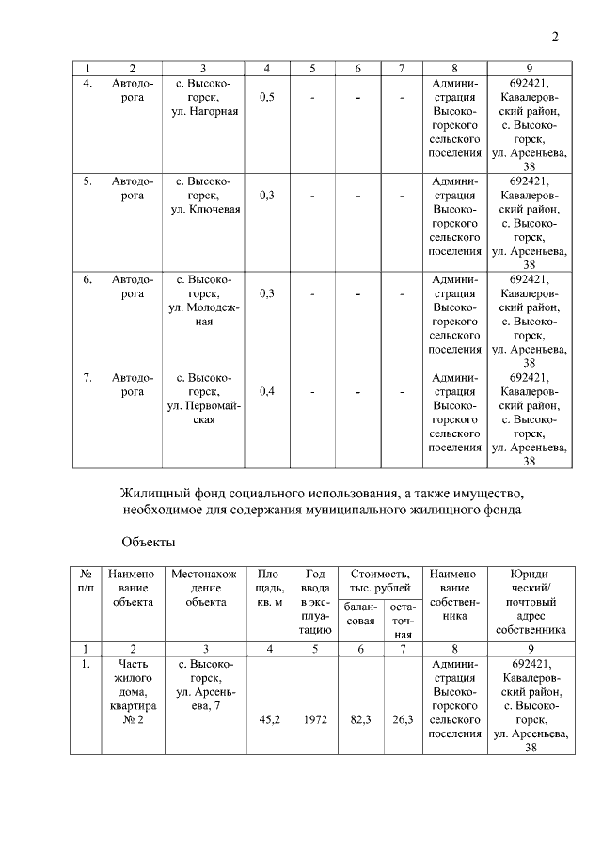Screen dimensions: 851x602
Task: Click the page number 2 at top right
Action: (555, 38)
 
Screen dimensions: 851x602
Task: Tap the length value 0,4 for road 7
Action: (267, 391)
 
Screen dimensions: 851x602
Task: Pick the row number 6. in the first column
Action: (87, 279)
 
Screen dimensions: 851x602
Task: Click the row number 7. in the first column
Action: (87, 377)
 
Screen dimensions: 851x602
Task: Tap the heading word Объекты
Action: (149, 543)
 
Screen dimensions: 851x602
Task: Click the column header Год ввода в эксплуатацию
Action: (315, 602)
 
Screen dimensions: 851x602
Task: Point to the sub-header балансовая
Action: (358, 615)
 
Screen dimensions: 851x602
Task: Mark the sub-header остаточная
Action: (403, 622)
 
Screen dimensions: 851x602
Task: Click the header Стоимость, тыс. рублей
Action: (380, 580)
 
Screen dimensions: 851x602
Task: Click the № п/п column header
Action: (87, 580)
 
